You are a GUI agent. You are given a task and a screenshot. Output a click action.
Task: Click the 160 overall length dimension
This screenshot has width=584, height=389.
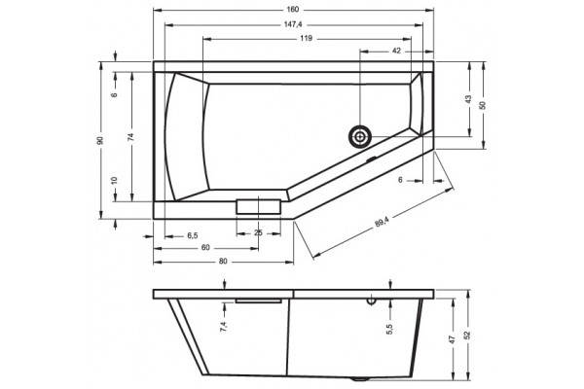pos(293,10)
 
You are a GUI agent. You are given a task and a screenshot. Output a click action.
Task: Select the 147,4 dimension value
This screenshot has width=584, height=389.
pos(293,24)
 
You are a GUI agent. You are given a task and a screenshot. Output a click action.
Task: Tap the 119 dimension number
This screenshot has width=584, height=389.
pos(307,38)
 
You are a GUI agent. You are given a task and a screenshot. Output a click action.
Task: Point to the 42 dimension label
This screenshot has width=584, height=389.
pos(396,51)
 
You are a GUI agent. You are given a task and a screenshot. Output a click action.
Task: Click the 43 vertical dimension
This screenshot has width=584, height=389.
pos(468,99)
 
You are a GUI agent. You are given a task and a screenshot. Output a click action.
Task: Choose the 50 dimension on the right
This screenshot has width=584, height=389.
pos(483,105)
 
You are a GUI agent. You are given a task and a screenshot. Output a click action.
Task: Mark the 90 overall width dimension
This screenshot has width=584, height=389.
pos(100,140)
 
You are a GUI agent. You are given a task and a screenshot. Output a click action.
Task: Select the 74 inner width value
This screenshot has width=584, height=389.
pos(130,137)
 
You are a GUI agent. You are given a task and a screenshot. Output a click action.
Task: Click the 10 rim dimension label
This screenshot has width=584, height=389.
pos(115,181)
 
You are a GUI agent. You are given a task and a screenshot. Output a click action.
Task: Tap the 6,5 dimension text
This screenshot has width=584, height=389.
pos(192,235)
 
